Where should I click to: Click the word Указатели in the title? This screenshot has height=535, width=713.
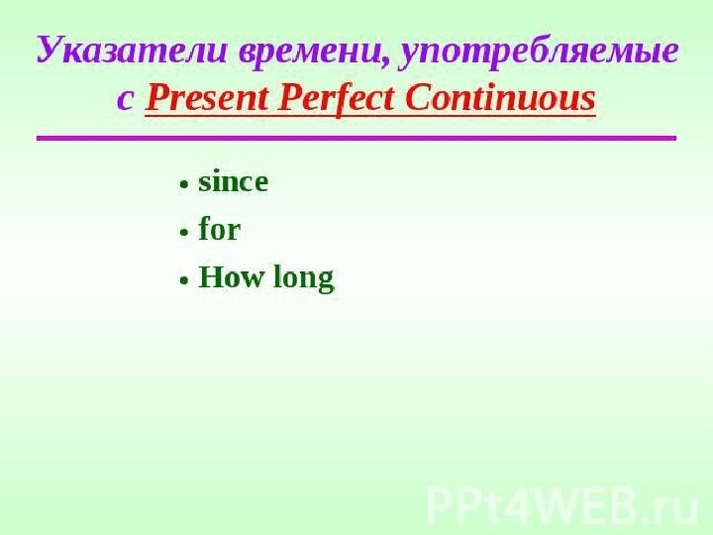[132, 51]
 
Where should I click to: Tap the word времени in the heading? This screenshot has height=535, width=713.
[310, 51]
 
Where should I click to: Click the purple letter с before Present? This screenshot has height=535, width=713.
[125, 99]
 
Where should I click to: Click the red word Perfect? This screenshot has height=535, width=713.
[336, 98]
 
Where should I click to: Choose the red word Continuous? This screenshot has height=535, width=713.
[500, 98]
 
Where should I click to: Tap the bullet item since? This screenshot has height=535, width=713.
[233, 182]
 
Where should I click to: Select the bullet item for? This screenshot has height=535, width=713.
[219, 229]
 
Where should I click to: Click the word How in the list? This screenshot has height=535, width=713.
[231, 277]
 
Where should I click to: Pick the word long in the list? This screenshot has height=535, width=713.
[303, 278]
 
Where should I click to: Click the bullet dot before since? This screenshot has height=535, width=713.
[184, 184]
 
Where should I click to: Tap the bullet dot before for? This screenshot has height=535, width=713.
[184, 232]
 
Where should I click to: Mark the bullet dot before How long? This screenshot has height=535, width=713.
[184, 279]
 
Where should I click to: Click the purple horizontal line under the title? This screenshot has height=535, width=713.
[356, 138]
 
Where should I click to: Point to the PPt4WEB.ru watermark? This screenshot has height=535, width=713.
[562, 506]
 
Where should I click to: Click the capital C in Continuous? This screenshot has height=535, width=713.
[416, 98]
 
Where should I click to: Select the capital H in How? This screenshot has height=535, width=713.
[211, 277]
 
